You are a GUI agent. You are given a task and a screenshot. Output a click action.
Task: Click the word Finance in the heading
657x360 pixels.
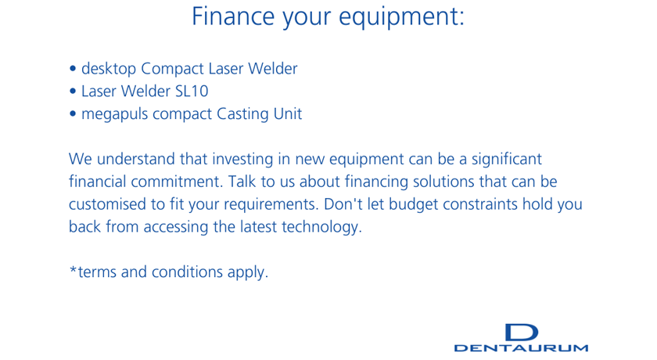point(233,16)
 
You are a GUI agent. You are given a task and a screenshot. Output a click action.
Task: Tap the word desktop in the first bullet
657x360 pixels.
point(109,69)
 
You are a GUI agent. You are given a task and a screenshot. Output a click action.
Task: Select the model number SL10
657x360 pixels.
point(192,92)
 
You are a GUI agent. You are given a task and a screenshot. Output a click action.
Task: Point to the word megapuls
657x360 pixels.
point(114,114)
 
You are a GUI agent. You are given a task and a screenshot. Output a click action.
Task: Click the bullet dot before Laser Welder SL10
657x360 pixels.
point(73,91)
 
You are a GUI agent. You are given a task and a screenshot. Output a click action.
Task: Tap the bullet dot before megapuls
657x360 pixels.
point(73,113)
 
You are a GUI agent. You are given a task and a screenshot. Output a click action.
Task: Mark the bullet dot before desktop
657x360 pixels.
point(73,68)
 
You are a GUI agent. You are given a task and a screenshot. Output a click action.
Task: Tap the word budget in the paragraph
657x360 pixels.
point(414,205)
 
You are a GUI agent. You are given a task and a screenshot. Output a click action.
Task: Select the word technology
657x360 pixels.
point(321,227)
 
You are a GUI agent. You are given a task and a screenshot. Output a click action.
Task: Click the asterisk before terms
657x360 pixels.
point(73,269)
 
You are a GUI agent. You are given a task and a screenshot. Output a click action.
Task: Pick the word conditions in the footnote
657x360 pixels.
point(187,272)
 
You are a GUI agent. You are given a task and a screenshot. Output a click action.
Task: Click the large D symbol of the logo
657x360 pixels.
point(521,333)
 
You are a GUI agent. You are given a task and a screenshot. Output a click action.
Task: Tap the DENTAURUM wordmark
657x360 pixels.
point(521,347)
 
